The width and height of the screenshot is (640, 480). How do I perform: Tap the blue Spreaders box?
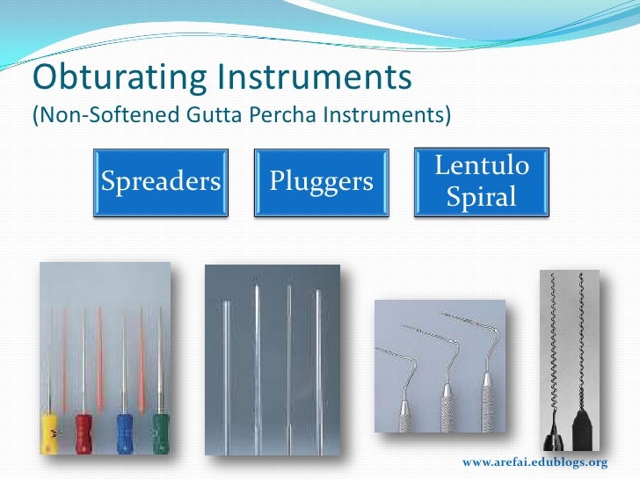coord(161,182)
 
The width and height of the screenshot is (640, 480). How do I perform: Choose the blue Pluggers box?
coord(321,182)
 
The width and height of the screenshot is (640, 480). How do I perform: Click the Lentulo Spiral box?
coord(482,181)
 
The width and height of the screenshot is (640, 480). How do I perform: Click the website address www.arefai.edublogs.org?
coord(535,462)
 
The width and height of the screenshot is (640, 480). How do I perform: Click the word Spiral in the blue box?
coord(482,198)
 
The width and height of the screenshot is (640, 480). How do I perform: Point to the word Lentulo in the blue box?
coord(482,165)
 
